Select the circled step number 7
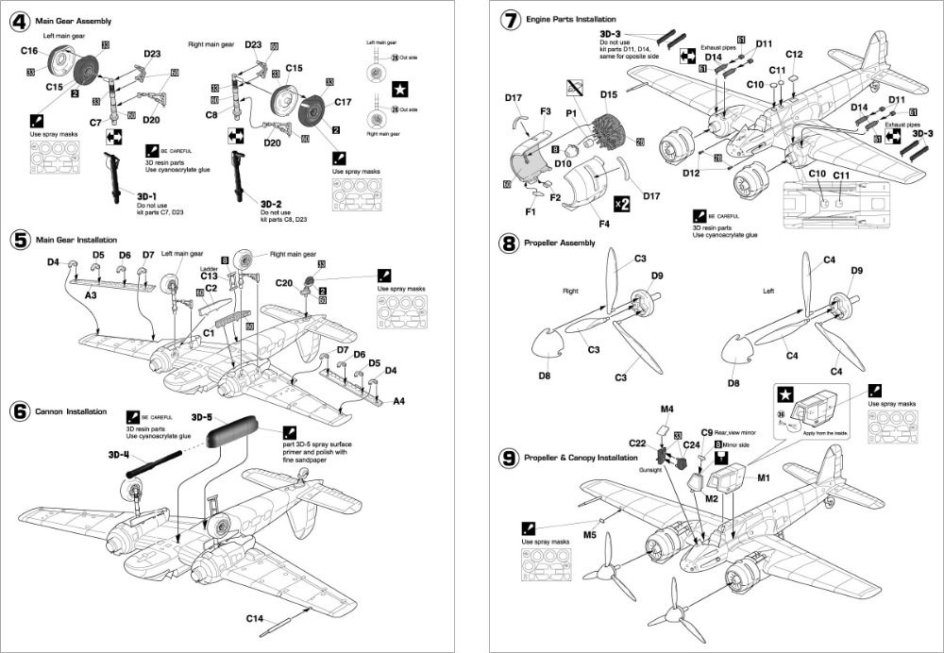pos(510,20)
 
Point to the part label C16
pos(28,50)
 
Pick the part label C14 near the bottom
pos(255,619)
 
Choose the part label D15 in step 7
pos(608,94)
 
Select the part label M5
pos(589,535)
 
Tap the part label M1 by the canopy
pos(764,477)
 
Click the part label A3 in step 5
pos(92,295)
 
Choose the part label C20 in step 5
pos(284,282)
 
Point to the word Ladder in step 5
pos(209,269)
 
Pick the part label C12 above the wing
pos(793,54)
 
